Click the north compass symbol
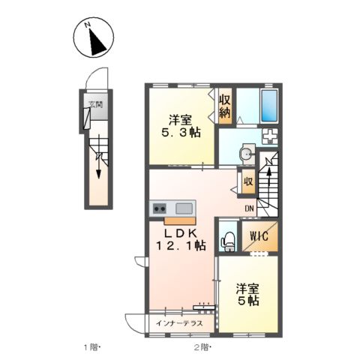(94, 38)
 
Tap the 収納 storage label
(225, 106)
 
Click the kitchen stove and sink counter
(173, 208)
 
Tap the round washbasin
(246, 154)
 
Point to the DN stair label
(250, 209)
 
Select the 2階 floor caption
(202, 347)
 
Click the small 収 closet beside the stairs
(247, 181)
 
